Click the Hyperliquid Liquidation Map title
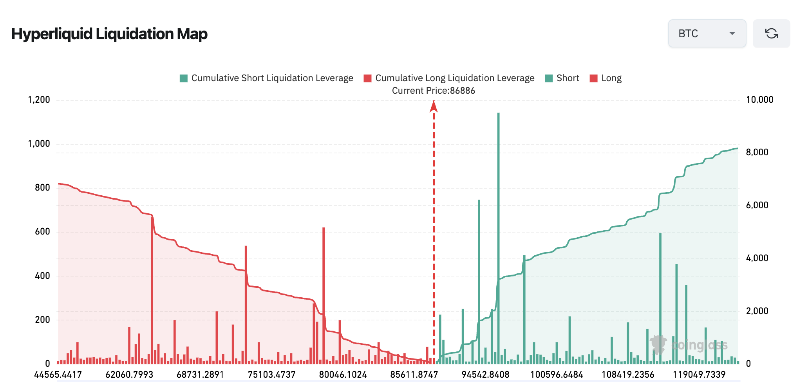point(109,34)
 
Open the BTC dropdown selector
point(707,34)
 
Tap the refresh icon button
point(771,34)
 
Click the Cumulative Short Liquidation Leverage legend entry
point(266,78)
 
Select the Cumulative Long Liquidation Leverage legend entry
point(449,78)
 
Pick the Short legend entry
point(562,78)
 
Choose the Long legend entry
point(606,78)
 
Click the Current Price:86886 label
point(433,91)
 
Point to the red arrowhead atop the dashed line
point(434,106)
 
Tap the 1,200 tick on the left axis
point(39,100)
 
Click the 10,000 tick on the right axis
point(759,100)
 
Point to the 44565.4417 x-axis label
point(58,374)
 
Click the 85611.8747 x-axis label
point(414,374)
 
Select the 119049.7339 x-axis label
point(699,374)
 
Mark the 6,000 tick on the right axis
point(757,205)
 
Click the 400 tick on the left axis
point(42,276)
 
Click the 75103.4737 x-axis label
point(271,374)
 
